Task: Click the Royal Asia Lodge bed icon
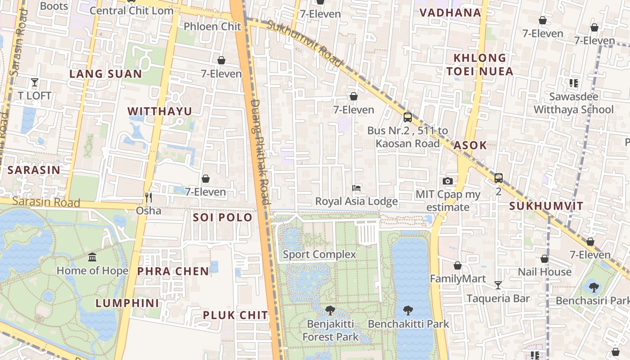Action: pyautogui.click(x=356, y=188)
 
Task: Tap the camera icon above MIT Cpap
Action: pyautogui.click(x=447, y=181)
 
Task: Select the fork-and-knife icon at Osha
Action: pyautogui.click(x=148, y=197)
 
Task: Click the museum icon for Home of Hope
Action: pyautogui.click(x=92, y=257)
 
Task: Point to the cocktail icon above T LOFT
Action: pyautogui.click(x=35, y=82)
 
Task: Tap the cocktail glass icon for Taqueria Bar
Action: pyautogui.click(x=498, y=285)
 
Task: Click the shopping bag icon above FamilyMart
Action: pyautogui.click(x=458, y=265)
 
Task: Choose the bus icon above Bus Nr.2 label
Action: pyautogui.click(x=407, y=117)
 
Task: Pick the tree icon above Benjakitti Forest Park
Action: pyautogui.click(x=330, y=310)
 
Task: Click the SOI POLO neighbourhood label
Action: pyautogui.click(x=222, y=218)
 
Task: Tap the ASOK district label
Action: pyautogui.click(x=470, y=145)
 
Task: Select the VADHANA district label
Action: pyautogui.click(x=450, y=13)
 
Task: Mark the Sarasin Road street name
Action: pyautogui.click(x=46, y=202)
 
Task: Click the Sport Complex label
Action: pyautogui.click(x=319, y=255)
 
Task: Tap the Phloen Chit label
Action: pyautogui.click(x=212, y=27)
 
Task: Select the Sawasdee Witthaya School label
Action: pyautogui.click(x=573, y=103)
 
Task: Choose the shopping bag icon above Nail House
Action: pyautogui.click(x=544, y=259)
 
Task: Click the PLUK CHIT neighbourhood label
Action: pyautogui.click(x=235, y=315)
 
